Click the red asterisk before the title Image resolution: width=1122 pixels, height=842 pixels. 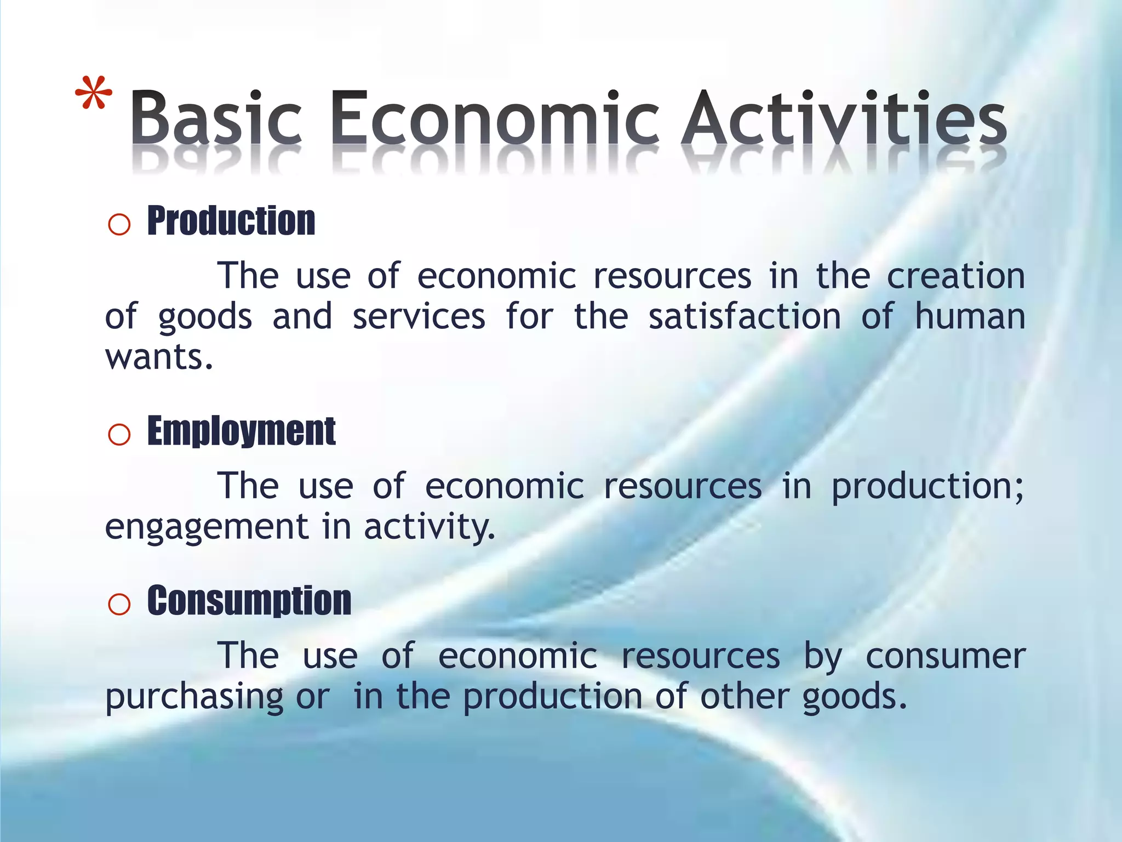pyautogui.click(x=94, y=94)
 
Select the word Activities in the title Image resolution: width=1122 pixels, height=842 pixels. pyautogui.click(x=844, y=117)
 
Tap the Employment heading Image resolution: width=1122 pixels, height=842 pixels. pyautogui.click(x=241, y=431)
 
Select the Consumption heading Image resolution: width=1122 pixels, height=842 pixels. pyautogui.click(x=249, y=601)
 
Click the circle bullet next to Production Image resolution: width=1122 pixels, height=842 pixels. pyautogui.click(x=119, y=225)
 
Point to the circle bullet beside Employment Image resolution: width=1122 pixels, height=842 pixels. pyautogui.click(x=119, y=435)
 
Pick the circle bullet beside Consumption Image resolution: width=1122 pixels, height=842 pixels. pyautogui.click(x=119, y=605)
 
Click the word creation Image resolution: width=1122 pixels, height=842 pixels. pyautogui.click(x=955, y=276)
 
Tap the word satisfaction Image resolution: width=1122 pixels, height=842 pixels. pyautogui.click(x=745, y=317)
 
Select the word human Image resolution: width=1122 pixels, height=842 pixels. pyautogui.click(x=970, y=317)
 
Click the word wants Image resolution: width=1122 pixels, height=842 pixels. pyautogui.click(x=158, y=358)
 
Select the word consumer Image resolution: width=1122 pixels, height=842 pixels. pyautogui.click(x=945, y=656)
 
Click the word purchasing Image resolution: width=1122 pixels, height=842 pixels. pyautogui.click(x=194, y=697)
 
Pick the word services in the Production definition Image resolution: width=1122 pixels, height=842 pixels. pyautogui.click(x=419, y=317)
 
